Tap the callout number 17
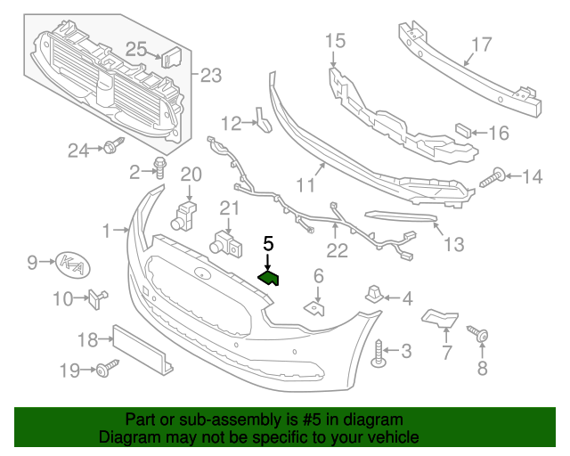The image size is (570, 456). coord(481,44)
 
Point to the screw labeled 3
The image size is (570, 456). coord(379,354)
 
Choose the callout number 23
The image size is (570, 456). coord(210,75)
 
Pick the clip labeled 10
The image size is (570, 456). coord(96,297)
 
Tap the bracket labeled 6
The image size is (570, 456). coord(314,307)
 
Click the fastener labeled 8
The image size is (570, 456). coord(482,336)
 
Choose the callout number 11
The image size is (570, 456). coord(306,185)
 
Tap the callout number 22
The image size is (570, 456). coord(337,251)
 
